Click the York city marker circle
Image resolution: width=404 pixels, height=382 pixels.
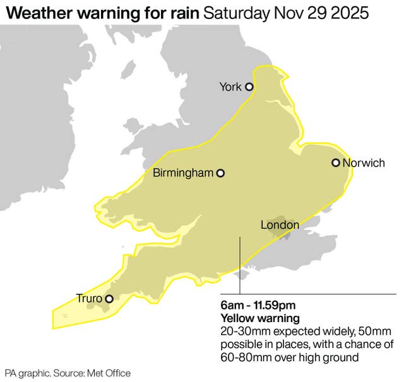249,87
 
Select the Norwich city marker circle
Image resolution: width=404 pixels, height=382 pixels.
336,163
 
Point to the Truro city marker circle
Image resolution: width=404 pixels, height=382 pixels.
109,299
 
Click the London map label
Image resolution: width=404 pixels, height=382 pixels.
280,225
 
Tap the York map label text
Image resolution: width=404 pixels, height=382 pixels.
230,87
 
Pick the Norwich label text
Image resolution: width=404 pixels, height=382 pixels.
364,163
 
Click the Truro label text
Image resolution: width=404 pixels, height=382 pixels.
88,298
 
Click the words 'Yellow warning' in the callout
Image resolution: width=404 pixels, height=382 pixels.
259,318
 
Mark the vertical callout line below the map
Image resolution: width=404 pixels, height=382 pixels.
239,265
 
